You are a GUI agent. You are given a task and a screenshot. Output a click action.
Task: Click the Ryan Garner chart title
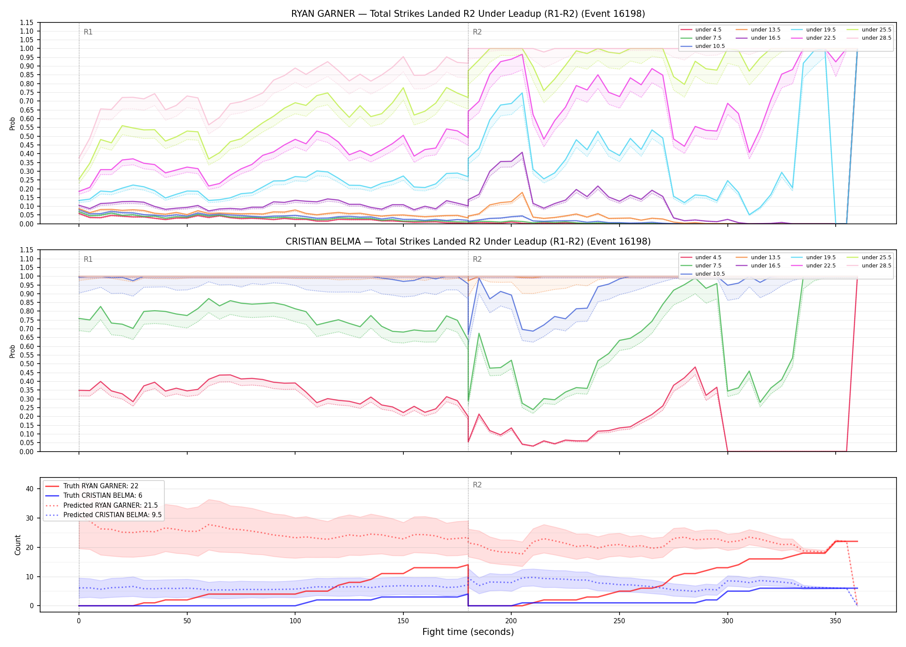(x=468, y=14)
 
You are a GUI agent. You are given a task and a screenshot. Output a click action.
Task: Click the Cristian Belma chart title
(x=468, y=242)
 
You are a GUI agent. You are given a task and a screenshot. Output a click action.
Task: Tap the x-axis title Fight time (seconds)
(x=468, y=632)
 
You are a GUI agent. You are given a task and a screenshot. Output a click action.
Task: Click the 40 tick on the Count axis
(x=30, y=489)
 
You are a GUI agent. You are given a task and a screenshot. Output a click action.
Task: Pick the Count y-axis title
(x=18, y=545)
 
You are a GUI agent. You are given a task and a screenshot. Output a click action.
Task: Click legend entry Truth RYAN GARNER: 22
(x=101, y=486)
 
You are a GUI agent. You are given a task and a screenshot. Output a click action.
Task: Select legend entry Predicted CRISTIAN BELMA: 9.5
(x=113, y=515)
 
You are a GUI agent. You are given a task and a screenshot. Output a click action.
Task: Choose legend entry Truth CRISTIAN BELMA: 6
(x=103, y=496)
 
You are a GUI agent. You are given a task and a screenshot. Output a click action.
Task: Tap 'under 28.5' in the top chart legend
(x=877, y=38)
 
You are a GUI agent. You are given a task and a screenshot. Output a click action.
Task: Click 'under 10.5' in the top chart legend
(x=710, y=46)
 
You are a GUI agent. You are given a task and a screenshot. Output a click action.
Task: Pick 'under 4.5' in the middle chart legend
(x=708, y=258)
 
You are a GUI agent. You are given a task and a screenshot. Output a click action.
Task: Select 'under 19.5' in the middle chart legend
(x=821, y=258)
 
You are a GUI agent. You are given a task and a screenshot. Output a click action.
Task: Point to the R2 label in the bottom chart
(x=477, y=485)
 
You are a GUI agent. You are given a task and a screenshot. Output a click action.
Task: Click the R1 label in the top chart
(x=88, y=32)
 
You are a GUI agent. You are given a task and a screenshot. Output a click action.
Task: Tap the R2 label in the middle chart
(x=477, y=259)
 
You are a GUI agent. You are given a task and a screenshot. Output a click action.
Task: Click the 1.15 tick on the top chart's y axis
(x=27, y=22)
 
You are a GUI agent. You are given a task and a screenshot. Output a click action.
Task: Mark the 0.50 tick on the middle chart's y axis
(x=27, y=364)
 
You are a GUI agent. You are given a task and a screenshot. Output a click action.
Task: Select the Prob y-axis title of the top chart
(x=13, y=123)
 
